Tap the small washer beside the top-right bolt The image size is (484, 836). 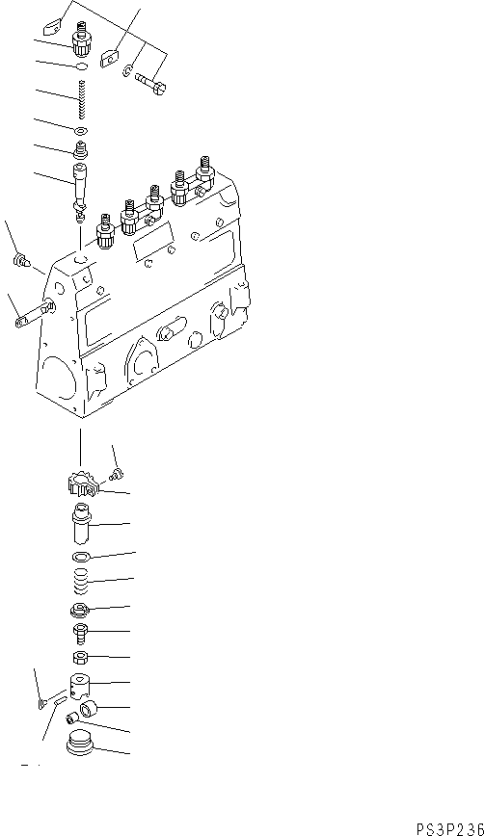click(x=128, y=68)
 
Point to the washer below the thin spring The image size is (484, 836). click(x=81, y=130)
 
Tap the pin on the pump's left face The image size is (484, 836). click(x=31, y=314)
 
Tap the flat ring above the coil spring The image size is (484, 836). click(x=81, y=558)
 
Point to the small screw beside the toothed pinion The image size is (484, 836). click(x=116, y=472)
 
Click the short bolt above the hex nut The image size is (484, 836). click(x=81, y=634)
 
